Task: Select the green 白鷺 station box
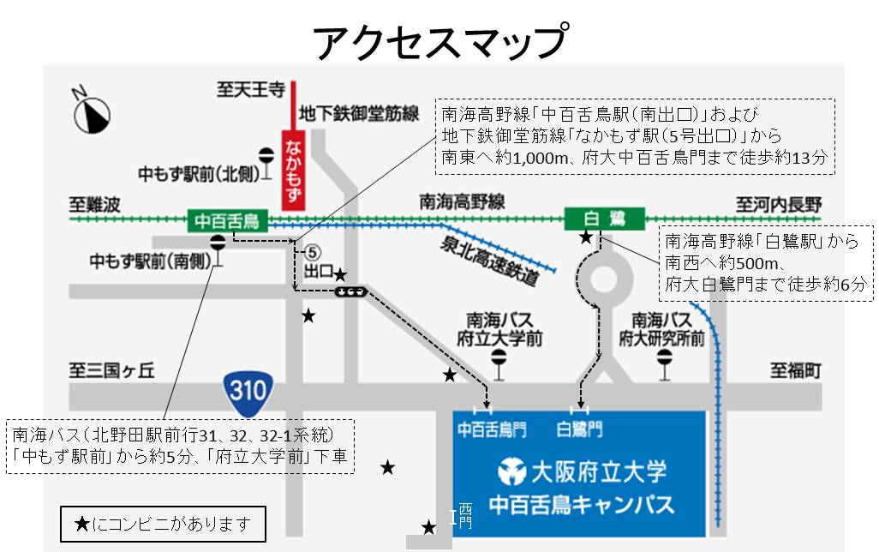click(603, 220)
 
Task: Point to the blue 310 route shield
click(248, 390)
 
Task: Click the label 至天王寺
click(249, 88)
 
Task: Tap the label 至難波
click(98, 204)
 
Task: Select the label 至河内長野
click(779, 204)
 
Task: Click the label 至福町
click(795, 370)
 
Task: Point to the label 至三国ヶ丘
click(111, 370)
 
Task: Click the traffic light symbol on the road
click(351, 291)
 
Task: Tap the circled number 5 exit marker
click(313, 252)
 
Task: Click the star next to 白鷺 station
click(586, 237)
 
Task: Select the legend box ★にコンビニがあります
click(162, 522)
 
